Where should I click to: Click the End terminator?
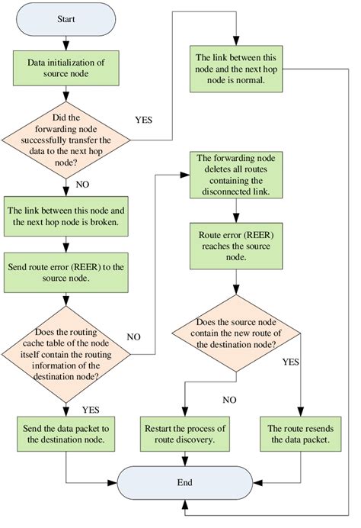click(x=186, y=482)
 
